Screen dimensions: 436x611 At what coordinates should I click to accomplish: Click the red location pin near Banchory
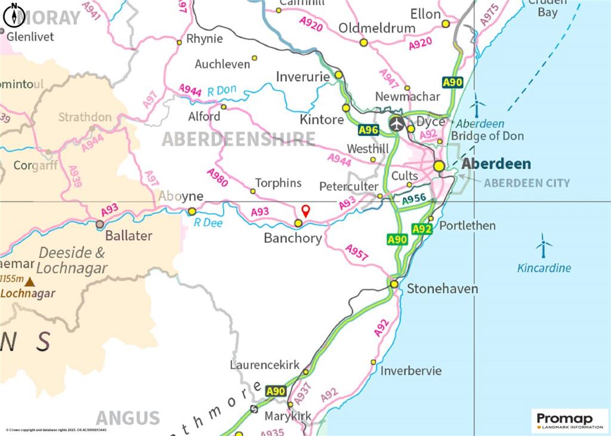tap(305, 210)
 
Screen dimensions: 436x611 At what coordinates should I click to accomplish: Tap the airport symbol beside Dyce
tap(397, 123)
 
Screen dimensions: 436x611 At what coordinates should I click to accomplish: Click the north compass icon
tap(14, 16)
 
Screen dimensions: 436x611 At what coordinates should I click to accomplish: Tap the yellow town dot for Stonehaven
tap(394, 284)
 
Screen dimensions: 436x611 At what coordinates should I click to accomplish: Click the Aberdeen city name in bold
tap(497, 164)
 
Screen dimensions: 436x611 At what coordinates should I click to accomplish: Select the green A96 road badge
tap(368, 129)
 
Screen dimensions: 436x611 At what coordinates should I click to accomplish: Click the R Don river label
tap(221, 91)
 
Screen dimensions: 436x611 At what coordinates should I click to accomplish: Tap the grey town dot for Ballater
tap(100, 224)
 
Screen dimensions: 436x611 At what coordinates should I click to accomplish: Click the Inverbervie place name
tap(411, 370)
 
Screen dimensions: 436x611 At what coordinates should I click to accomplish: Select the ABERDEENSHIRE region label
tap(239, 140)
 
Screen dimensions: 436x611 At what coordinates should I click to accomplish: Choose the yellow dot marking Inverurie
tap(338, 75)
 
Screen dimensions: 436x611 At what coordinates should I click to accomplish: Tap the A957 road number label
tap(357, 253)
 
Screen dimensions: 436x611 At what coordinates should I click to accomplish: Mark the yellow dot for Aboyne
tap(192, 211)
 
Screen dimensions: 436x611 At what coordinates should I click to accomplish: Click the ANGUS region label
tap(128, 418)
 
